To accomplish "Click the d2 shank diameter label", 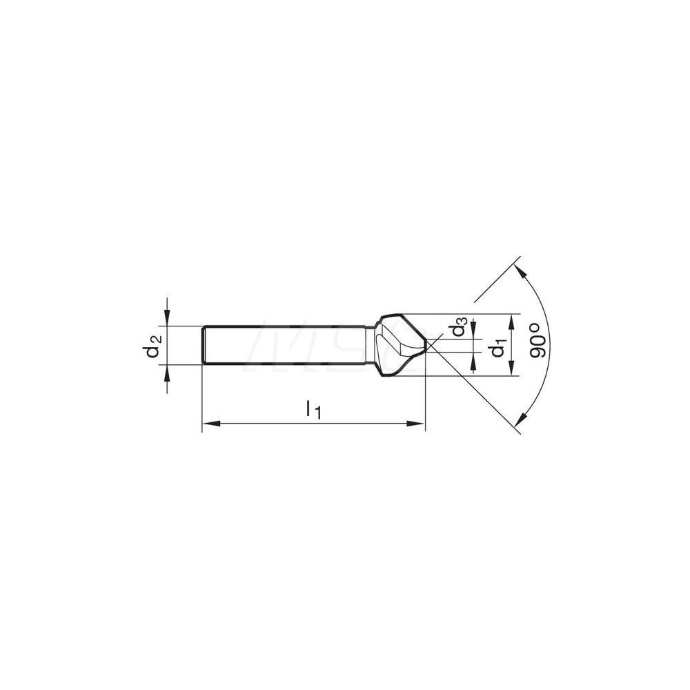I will click(152, 346).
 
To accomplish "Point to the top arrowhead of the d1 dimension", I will click(511, 321).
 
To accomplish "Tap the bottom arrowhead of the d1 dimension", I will click(511, 371).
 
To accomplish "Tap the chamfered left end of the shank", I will click(204, 345).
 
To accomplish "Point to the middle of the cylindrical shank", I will click(286, 345).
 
